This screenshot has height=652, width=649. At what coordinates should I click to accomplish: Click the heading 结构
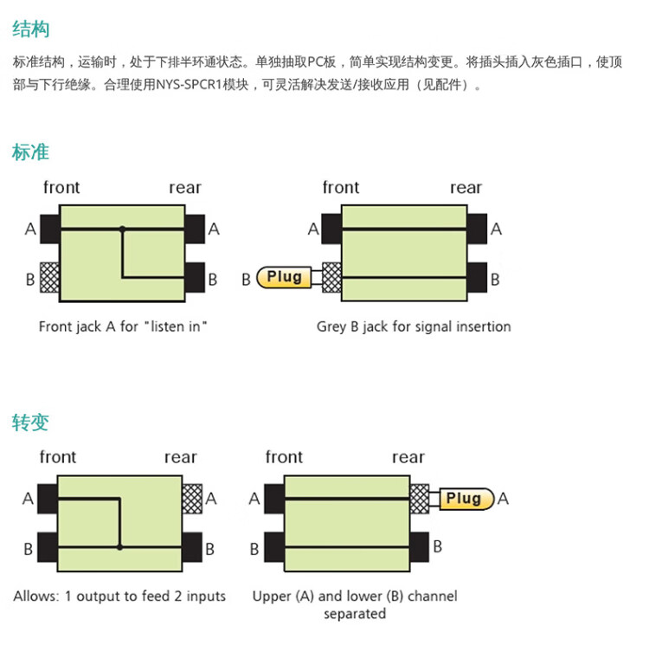coord(31,29)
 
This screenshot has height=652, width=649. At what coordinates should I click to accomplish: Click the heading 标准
coord(31,152)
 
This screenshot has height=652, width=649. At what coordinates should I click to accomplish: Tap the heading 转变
coord(31,423)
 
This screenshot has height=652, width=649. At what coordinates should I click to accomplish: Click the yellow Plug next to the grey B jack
coord(286,277)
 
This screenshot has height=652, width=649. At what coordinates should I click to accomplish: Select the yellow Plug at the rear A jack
coord(465,498)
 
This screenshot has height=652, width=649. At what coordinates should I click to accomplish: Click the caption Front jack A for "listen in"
coord(124,326)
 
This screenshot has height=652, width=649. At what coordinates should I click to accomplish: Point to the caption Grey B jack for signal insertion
coord(414,326)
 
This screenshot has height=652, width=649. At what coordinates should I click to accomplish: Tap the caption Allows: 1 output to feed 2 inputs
coord(119,596)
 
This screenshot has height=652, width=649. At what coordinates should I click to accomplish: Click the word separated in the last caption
coord(355,614)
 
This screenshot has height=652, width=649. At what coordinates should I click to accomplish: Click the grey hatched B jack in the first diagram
coord(48,279)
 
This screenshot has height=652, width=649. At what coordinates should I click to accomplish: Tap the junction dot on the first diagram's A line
coord(122,229)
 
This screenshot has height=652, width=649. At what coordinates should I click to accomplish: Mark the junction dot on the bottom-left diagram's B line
coord(119,547)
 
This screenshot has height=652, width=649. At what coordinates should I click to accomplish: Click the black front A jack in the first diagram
coord(48,229)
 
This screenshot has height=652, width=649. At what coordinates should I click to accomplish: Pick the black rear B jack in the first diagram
coord(195,279)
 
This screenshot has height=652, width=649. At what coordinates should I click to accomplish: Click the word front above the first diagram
coord(61,187)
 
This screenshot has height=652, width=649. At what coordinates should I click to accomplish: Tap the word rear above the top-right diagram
coord(466,187)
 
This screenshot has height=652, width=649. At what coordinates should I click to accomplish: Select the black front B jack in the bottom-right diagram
coord(274,548)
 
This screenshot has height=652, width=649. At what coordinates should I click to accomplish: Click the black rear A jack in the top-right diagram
coord(477,229)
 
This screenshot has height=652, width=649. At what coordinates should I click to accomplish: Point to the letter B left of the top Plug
coord(246,279)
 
